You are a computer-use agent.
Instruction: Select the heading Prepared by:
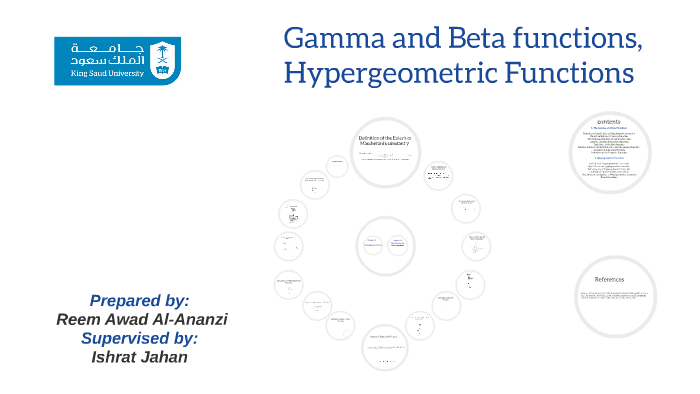(x=139, y=300)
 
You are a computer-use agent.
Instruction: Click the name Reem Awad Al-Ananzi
(x=142, y=319)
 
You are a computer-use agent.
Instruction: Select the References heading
(x=609, y=279)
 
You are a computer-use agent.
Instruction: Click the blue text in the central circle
(x=385, y=242)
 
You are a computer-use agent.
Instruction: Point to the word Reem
(x=79, y=319)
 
